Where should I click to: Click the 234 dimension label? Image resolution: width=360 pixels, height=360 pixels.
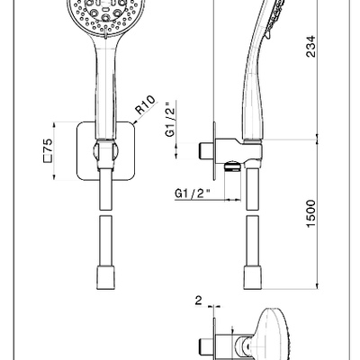[310, 46]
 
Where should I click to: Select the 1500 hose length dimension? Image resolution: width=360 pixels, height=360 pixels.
[311, 214]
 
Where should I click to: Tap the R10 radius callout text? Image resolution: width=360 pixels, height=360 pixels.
[146, 104]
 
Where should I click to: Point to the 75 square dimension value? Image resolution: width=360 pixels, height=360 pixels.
[48, 146]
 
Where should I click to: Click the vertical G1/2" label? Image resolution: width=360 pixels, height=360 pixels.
[170, 120]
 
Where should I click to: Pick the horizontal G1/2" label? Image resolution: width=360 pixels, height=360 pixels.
[192, 193]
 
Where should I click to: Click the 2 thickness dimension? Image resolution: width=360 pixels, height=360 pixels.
[199, 301]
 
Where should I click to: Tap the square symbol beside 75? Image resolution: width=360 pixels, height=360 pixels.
[48, 159]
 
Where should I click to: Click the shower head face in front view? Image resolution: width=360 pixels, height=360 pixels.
[106, 15]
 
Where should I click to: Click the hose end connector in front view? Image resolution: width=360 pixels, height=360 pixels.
[105, 277]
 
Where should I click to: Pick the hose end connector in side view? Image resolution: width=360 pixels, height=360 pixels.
[253, 277]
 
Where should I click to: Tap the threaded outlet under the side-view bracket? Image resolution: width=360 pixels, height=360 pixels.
[233, 166]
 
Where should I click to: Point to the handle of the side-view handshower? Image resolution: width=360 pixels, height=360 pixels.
[254, 90]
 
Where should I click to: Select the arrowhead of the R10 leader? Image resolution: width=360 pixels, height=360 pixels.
[134, 122]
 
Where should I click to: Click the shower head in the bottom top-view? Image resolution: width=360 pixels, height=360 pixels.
[271, 335]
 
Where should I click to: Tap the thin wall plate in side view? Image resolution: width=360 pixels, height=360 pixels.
[214, 151]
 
